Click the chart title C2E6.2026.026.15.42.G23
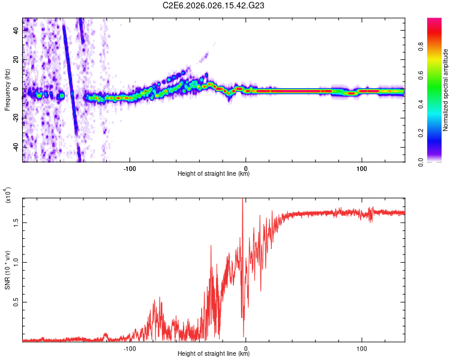point(214,5)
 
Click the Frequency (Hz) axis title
point(7,90)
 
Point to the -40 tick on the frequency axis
point(16,147)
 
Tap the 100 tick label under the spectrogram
point(362,169)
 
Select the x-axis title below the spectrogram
point(214,175)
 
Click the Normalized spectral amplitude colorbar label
point(446,90)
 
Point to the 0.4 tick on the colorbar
point(439,104)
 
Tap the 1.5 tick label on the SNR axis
point(16,223)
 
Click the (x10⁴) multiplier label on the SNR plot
point(8,196)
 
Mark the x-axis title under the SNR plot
point(214,353)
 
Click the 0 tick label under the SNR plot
point(246,348)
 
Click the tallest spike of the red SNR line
point(242,200)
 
